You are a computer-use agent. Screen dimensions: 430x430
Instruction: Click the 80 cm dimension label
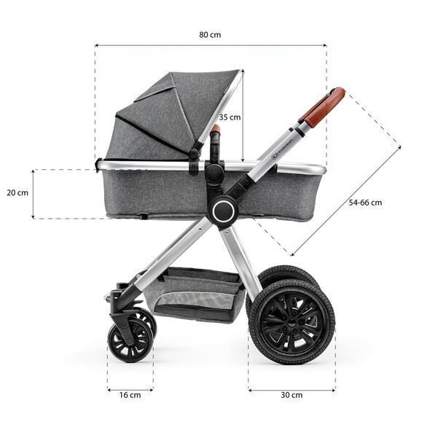click(210, 34)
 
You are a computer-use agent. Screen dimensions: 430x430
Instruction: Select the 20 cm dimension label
click(17, 193)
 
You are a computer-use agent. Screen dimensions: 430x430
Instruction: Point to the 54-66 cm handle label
click(365, 203)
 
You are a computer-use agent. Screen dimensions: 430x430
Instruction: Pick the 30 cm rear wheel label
click(291, 394)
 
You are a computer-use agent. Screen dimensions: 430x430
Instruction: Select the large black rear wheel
click(291, 321)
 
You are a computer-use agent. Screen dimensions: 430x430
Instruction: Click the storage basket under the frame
click(200, 291)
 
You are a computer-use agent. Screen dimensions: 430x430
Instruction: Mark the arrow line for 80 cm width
click(210, 46)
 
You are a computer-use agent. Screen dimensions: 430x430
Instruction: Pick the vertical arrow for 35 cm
click(243, 117)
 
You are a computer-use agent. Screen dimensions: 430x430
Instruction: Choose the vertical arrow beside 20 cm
click(34, 194)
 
